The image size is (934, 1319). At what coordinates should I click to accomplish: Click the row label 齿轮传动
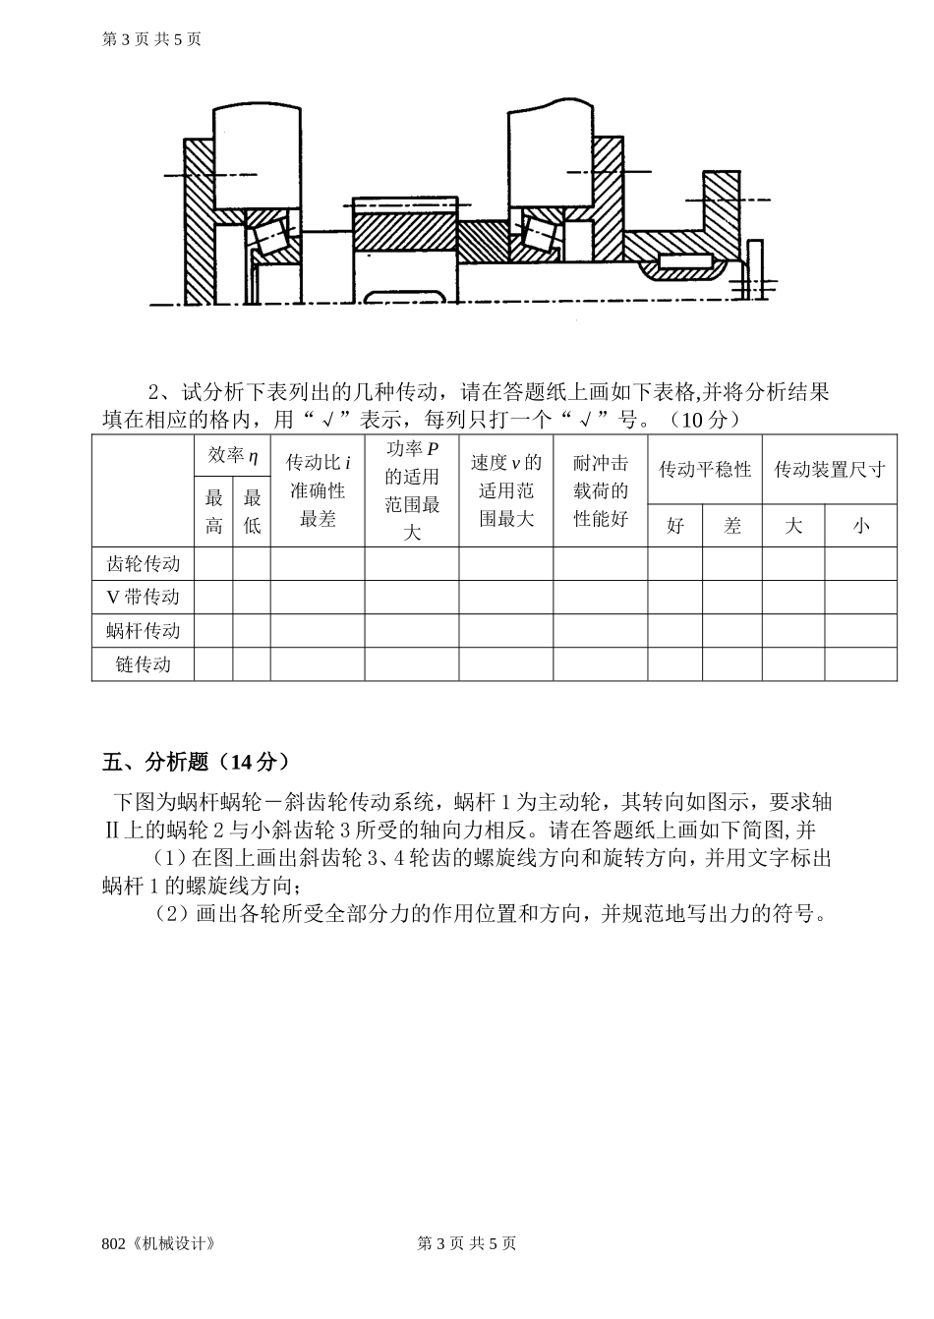[143, 564]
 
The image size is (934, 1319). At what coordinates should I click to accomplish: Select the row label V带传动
[143, 598]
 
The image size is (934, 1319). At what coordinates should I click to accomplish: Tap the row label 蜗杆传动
[143, 631]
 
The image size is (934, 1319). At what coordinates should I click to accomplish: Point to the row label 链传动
[143, 664]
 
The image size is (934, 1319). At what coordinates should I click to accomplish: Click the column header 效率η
[232, 456]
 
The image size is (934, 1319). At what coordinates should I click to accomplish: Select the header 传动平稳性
[705, 470]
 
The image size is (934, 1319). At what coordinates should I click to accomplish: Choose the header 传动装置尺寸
[830, 470]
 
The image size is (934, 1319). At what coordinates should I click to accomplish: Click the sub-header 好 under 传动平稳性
[675, 526]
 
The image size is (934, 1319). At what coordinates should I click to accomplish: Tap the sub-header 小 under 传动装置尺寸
[861, 526]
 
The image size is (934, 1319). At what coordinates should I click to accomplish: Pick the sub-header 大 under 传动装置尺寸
[793, 526]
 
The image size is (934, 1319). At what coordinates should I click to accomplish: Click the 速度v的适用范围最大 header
[506, 490]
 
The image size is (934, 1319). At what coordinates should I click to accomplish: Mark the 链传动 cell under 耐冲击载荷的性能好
[600, 664]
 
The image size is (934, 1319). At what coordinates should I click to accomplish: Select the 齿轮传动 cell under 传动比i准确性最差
[318, 564]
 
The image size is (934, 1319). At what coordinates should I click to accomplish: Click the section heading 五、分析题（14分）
[196, 762]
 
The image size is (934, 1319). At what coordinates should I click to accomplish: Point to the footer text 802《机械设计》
[158, 1243]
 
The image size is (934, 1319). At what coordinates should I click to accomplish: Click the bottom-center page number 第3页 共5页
[467, 1243]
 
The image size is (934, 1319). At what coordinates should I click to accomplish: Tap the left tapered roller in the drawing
[268, 236]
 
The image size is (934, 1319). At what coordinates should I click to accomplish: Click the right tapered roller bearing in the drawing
[540, 233]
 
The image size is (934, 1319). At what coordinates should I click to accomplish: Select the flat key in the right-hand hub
[685, 261]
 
